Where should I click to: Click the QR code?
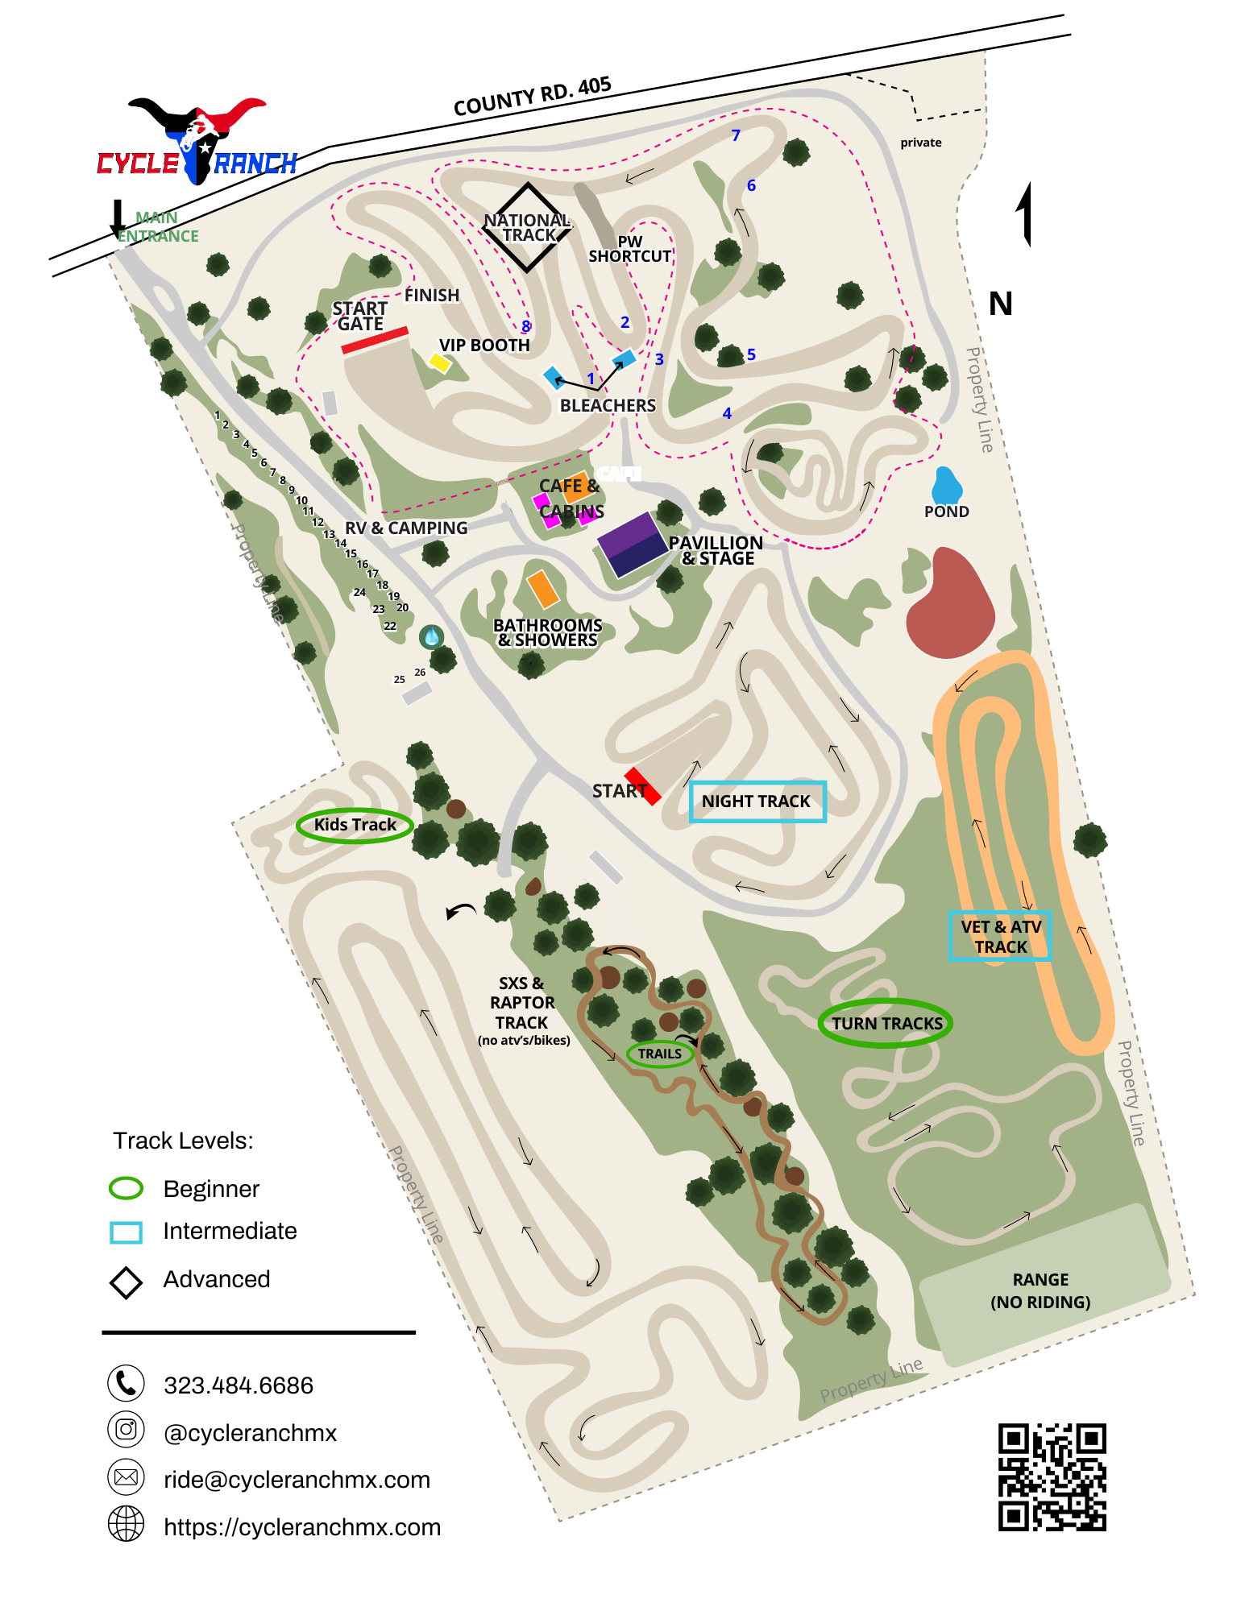point(1052,1476)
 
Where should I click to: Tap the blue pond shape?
point(947,486)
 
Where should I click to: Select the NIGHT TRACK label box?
point(757,801)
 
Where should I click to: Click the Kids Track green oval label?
point(355,825)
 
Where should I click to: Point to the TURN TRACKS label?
point(886,1023)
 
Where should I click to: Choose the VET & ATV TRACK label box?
point(1000,936)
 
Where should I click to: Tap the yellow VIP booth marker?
point(439,362)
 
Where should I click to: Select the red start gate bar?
point(375,340)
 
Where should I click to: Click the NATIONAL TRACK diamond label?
point(528,227)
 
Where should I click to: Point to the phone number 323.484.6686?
point(239,1385)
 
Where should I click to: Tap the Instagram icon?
point(127,1430)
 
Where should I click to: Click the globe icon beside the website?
point(127,1524)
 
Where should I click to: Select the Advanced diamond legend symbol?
point(127,1282)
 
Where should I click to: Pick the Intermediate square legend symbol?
point(127,1232)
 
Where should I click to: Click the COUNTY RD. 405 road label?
point(532,97)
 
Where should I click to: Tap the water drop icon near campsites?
point(432,636)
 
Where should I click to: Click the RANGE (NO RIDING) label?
point(1040,1290)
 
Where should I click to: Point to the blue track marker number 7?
point(736,135)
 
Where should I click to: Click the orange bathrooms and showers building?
point(543,589)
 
